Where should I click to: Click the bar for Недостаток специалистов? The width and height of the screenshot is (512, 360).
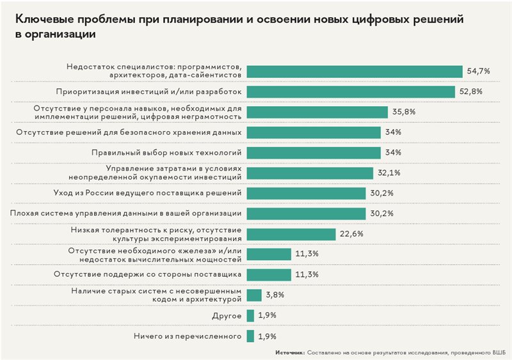tap(354, 71)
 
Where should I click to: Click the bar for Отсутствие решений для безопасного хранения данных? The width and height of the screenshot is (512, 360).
tap(314, 132)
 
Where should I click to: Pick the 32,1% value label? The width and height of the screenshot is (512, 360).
tap(390, 173)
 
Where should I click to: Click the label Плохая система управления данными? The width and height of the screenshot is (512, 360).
tap(126, 213)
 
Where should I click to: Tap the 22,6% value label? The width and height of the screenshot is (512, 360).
tap(352, 234)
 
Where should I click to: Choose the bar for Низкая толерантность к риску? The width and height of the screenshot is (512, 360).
tap(291, 233)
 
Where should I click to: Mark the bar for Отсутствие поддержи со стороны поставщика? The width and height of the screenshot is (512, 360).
tap(269, 274)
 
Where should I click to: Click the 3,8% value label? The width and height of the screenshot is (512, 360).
tap(275, 295)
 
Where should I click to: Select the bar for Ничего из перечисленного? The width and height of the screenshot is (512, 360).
tap(250, 335)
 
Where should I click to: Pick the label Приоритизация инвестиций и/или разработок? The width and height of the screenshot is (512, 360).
tap(148, 91)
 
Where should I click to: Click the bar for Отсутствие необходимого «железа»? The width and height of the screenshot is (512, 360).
tap(269, 254)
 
